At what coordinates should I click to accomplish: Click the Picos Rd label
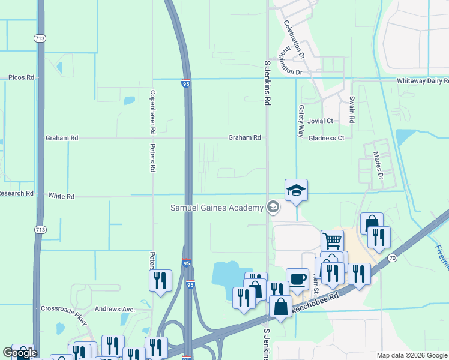click(21, 77)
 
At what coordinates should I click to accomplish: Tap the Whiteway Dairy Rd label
click(423, 80)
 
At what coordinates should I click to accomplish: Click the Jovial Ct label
click(321, 121)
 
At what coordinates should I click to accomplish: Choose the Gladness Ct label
click(326, 138)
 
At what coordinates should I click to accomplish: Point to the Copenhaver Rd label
click(153, 112)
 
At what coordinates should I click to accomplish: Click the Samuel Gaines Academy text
click(217, 208)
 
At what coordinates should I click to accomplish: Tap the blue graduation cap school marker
click(296, 191)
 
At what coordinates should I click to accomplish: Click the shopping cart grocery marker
click(332, 241)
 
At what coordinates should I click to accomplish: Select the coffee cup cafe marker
click(297, 280)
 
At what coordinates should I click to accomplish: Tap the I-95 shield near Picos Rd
click(187, 84)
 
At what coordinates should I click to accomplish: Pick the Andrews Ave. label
click(114, 309)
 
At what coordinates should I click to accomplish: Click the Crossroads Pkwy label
click(64, 308)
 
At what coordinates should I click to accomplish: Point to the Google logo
click(20, 352)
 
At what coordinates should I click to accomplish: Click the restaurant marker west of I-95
click(160, 281)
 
